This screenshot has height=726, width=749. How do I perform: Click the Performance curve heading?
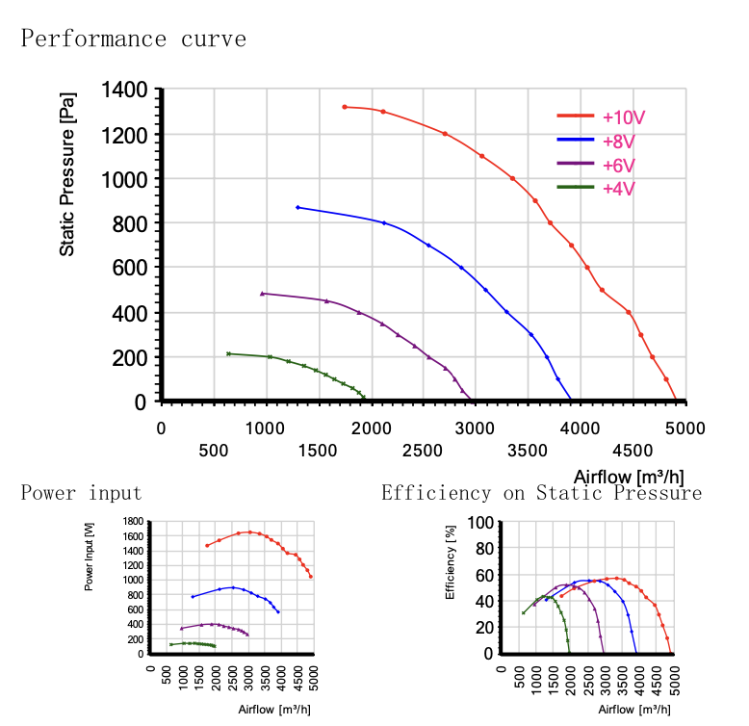[134, 39]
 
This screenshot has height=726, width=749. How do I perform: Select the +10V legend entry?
[623, 117]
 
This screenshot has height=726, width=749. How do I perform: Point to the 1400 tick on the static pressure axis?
[125, 91]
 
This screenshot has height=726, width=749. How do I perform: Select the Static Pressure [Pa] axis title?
[67, 173]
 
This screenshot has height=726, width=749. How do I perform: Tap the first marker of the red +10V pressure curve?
[344, 107]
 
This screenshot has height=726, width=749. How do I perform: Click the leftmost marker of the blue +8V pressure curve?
[297, 207]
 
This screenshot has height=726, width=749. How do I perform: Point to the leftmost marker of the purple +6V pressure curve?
[262, 294]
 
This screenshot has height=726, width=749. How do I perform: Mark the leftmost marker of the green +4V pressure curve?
[228, 354]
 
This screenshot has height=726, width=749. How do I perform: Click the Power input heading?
[81, 494]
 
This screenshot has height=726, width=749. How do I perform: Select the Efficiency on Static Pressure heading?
[541, 494]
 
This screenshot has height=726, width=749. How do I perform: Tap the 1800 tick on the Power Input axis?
[133, 521]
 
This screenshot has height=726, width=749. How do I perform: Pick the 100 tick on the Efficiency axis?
[480, 522]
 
